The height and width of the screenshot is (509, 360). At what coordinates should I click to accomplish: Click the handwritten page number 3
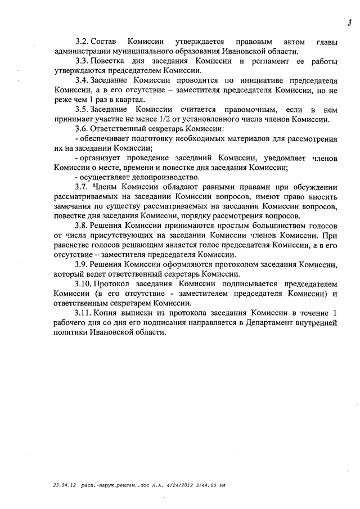tap(349, 22)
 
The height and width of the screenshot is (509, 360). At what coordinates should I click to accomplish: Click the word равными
tap(206, 187)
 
